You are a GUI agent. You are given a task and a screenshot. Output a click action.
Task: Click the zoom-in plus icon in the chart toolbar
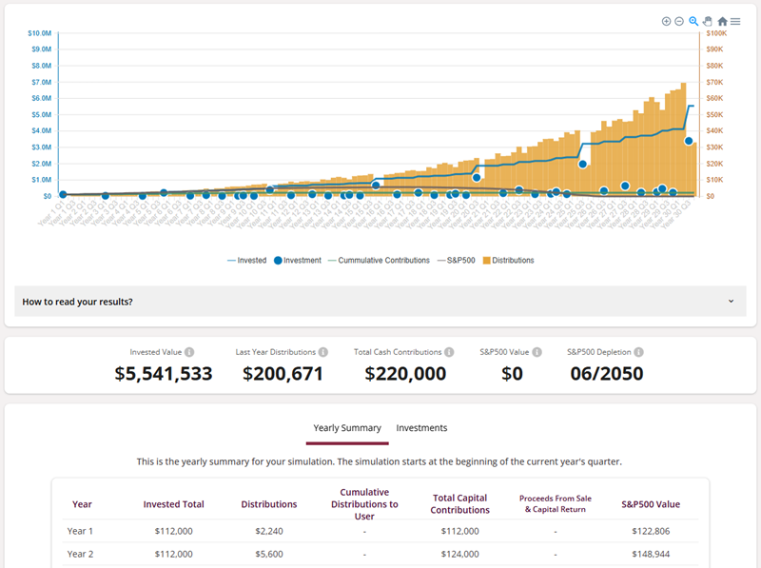click(x=666, y=21)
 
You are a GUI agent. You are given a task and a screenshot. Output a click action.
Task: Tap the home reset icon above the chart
click(x=722, y=21)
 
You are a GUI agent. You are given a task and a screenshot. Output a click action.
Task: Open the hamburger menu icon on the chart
click(x=735, y=21)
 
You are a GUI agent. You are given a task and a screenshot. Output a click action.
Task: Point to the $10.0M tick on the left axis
click(x=39, y=33)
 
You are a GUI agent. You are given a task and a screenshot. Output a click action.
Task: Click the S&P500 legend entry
click(x=458, y=260)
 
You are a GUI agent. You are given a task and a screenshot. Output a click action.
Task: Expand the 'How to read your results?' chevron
click(x=732, y=302)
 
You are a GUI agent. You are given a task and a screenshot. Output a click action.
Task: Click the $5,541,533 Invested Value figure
click(x=164, y=374)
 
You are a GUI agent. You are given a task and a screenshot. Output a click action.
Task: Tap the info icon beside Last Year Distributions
click(x=323, y=352)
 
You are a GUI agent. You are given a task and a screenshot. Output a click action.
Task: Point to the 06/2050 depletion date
click(x=605, y=374)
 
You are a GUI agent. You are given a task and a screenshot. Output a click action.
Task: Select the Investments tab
click(x=421, y=428)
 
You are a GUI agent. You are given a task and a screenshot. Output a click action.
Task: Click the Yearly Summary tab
click(x=347, y=428)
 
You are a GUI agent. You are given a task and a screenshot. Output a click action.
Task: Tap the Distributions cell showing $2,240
click(x=269, y=531)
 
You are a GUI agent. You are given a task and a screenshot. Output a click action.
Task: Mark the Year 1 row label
click(x=80, y=531)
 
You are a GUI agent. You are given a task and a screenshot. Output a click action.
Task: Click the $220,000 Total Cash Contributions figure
click(x=405, y=374)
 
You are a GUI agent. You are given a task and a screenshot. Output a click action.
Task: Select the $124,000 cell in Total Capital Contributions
click(x=460, y=553)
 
